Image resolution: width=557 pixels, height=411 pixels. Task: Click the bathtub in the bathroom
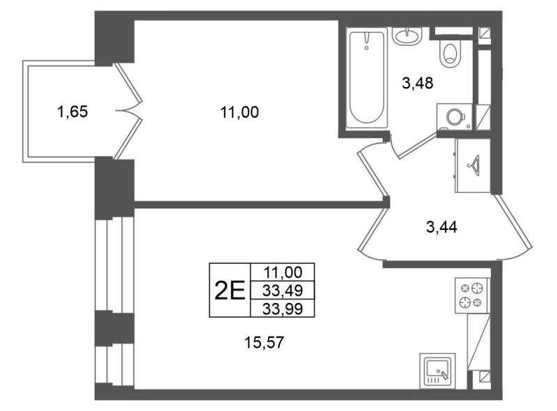click(x=366, y=77)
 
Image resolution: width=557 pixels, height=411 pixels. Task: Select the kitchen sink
click(x=436, y=370)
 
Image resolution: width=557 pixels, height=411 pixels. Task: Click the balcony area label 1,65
click(x=72, y=111)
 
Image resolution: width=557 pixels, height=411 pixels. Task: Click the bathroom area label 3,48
click(x=418, y=84)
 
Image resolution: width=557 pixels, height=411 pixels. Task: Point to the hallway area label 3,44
click(x=441, y=226)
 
